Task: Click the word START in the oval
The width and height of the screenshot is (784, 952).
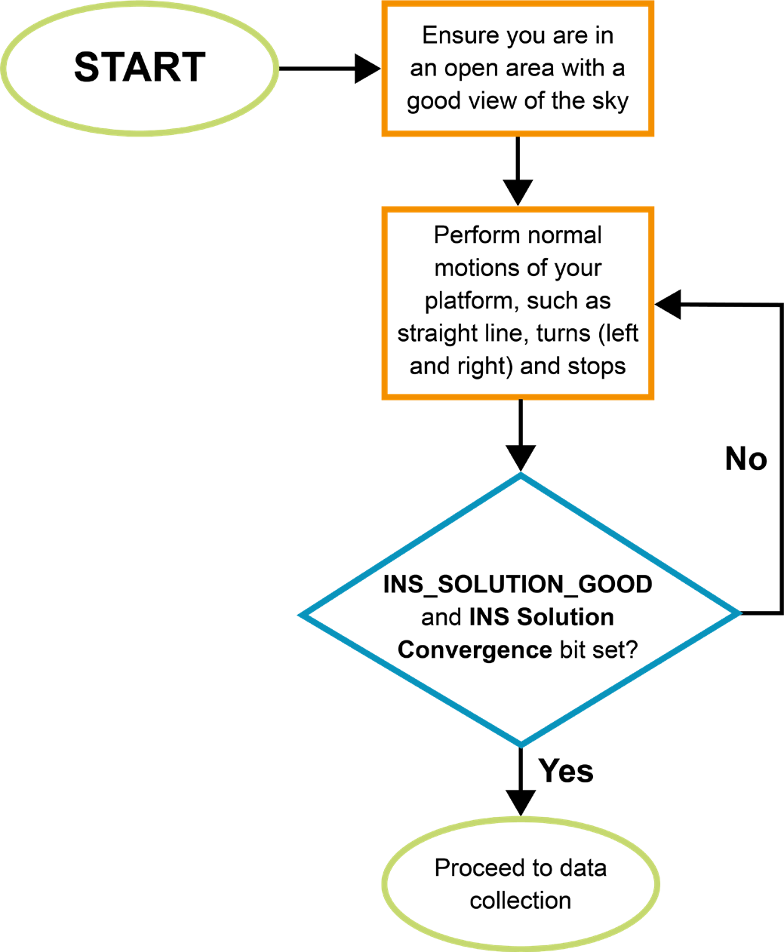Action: pyautogui.click(x=140, y=67)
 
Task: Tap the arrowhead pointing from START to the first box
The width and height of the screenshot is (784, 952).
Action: pyautogui.click(x=367, y=69)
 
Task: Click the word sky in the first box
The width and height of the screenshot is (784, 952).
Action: pyautogui.click(x=610, y=100)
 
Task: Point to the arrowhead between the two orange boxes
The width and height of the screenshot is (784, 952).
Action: pyautogui.click(x=518, y=192)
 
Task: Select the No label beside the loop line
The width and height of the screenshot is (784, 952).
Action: pyautogui.click(x=746, y=459)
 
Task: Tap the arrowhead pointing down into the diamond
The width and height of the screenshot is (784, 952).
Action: pyautogui.click(x=521, y=458)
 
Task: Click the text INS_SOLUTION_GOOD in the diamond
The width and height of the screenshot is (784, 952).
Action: pyautogui.click(x=518, y=585)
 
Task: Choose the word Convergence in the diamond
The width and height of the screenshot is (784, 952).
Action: pyautogui.click(x=475, y=650)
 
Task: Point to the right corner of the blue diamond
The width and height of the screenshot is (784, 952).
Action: pyautogui.click(x=737, y=613)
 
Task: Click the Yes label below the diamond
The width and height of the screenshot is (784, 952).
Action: pyautogui.click(x=566, y=771)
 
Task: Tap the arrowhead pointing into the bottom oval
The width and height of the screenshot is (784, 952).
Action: pyautogui.click(x=521, y=802)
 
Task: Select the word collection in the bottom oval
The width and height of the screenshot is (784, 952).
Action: pyautogui.click(x=521, y=901)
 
